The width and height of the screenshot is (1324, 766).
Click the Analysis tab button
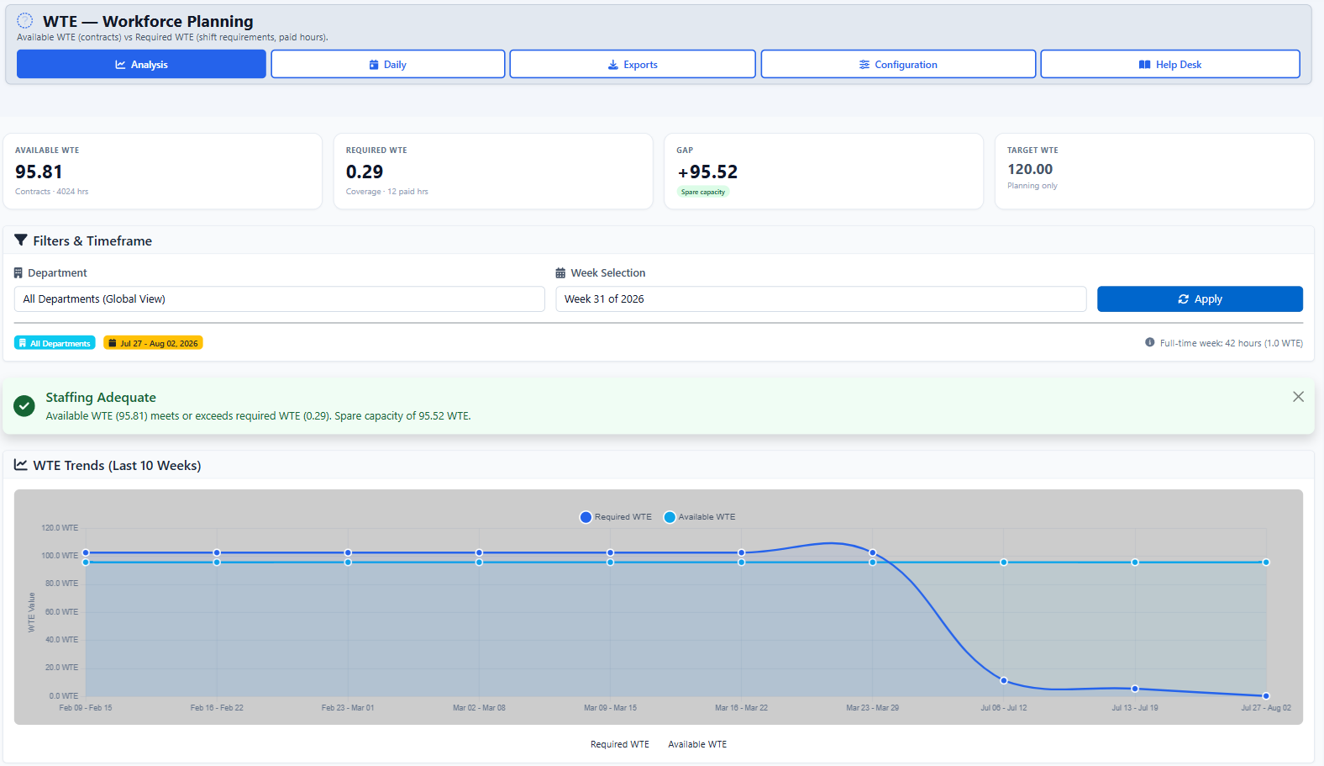(x=141, y=64)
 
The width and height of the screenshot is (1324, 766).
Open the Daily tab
(x=388, y=64)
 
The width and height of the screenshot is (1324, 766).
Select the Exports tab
(x=633, y=64)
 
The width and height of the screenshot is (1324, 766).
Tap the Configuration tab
(x=898, y=64)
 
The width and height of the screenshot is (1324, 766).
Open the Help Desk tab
(x=1170, y=64)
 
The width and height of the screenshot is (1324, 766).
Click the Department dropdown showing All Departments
(x=280, y=298)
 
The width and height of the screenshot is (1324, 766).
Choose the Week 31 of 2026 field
(x=821, y=298)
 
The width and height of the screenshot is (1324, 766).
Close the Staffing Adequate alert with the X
(x=1298, y=397)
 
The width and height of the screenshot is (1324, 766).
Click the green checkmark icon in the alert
(x=24, y=406)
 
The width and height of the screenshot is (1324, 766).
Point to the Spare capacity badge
(x=703, y=192)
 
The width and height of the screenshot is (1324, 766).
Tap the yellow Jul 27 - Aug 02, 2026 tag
(x=153, y=343)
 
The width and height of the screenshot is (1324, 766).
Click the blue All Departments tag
(x=55, y=343)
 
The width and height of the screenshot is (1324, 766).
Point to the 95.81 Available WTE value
(x=39, y=172)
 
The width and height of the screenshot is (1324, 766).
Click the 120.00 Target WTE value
(x=1030, y=169)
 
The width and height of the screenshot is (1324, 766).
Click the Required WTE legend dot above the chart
(x=586, y=517)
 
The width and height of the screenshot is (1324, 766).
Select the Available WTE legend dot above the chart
(x=670, y=517)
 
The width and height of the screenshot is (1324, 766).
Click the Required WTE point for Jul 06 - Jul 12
(x=1004, y=680)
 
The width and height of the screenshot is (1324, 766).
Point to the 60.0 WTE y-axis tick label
(x=60, y=611)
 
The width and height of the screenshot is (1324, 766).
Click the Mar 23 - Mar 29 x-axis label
(x=872, y=707)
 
